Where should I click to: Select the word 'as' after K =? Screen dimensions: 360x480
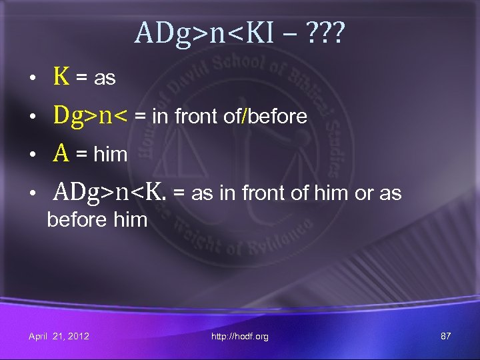point(105,79)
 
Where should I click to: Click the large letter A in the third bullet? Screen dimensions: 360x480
point(61,154)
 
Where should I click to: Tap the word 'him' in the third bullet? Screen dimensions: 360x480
point(111,155)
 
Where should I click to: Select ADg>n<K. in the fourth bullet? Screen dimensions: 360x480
point(110,193)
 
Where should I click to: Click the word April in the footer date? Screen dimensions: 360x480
point(39,336)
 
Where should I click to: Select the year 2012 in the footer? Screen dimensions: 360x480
point(79,336)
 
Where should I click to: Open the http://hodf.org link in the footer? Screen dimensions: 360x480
point(240,337)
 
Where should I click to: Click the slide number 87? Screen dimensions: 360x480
point(446,336)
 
